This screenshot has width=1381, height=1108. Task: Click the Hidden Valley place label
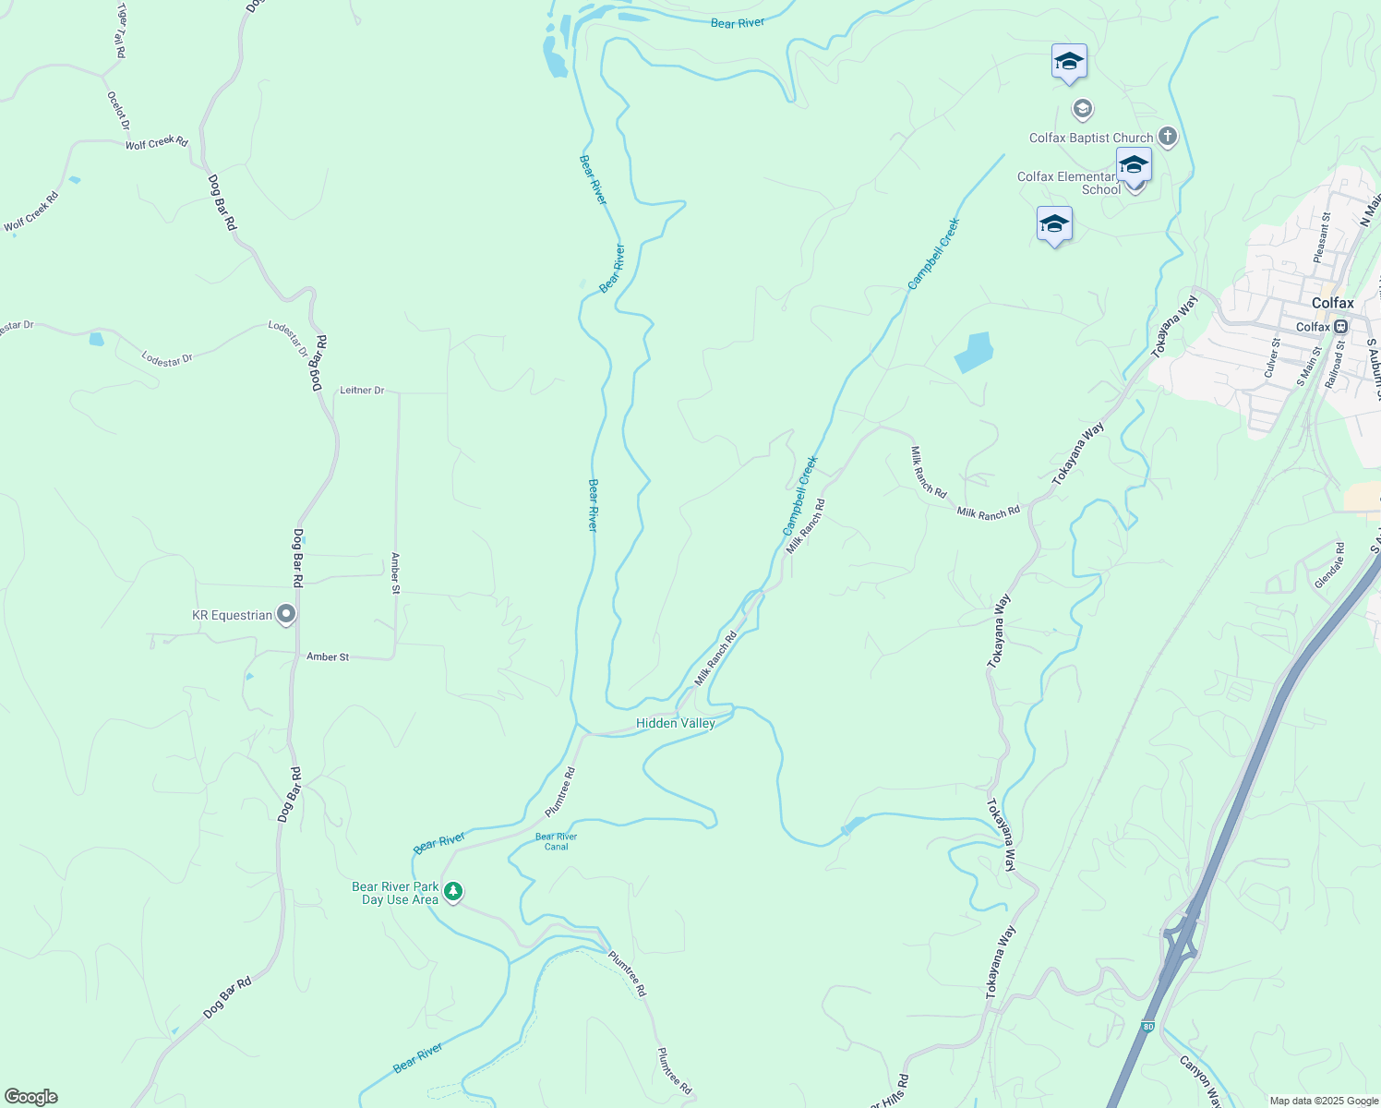tap(676, 723)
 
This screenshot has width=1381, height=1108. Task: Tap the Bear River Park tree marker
tap(452, 892)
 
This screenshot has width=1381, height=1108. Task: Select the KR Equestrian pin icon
tap(286, 614)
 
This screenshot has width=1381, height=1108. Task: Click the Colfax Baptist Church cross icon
tap(1168, 138)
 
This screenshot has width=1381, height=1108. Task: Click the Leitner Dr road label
tap(362, 391)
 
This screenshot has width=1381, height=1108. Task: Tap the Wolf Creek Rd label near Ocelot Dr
tap(156, 143)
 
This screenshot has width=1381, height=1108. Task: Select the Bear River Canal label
tap(557, 841)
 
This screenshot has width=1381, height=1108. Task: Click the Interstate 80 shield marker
tap(1147, 1027)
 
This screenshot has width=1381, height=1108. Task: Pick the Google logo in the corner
tap(30, 1097)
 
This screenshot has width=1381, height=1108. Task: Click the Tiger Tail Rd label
tap(121, 30)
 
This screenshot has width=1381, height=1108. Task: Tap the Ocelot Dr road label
tap(118, 111)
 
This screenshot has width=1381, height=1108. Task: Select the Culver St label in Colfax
tap(1272, 357)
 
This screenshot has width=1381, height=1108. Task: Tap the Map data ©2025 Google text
tap(1324, 1101)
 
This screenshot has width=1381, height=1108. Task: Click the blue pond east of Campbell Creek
tap(974, 352)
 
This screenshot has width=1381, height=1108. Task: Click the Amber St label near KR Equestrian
tap(328, 657)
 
